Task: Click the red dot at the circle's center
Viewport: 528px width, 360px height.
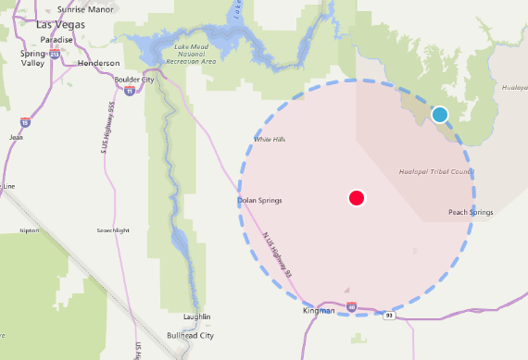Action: click(357, 197)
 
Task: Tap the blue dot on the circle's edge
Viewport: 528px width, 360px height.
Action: click(440, 115)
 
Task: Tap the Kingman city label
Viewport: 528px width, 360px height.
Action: click(318, 311)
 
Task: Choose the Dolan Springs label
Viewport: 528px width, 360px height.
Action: click(259, 200)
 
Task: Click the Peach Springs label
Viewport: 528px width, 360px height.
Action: click(471, 212)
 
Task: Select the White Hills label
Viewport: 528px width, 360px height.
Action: click(269, 139)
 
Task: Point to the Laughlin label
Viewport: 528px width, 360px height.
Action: click(197, 317)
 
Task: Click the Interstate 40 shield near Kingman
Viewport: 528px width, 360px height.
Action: click(352, 306)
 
